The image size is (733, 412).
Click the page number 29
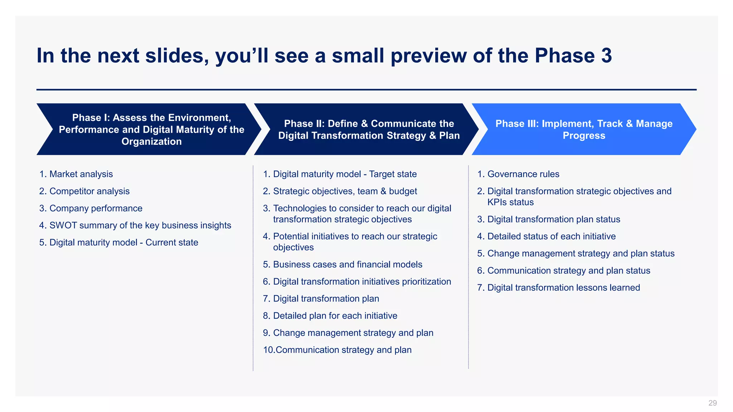712,403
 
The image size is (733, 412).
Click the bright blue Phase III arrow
583,129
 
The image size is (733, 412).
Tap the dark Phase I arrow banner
150,129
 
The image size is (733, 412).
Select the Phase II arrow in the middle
369,129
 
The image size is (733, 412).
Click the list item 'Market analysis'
81,174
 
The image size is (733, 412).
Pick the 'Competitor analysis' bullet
89,191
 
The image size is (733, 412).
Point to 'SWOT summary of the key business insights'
140,225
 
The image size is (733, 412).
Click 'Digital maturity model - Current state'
123,242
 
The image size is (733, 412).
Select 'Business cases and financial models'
347,265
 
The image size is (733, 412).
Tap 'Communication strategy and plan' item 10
343,350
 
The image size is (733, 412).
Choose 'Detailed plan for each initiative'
335,316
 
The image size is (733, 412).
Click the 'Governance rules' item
523,174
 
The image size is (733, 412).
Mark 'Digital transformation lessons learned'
563,288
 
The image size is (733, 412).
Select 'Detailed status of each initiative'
551,236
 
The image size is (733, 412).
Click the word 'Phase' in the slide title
564,56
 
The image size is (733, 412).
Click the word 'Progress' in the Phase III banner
584,136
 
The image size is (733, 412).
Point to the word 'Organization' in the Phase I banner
151,142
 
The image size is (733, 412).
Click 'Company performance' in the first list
96,209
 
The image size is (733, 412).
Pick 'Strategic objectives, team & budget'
345,191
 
